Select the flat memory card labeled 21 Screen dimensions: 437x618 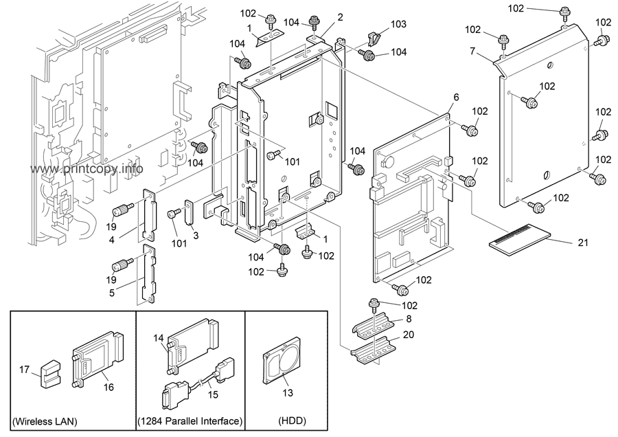click(x=520, y=239)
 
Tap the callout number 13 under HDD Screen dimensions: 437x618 click(x=287, y=394)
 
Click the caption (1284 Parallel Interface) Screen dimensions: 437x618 click(x=190, y=421)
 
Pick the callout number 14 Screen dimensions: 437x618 click(x=159, y=339)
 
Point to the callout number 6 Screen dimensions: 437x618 click(x=455, y=98)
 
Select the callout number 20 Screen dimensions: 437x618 click(x=409, y=335)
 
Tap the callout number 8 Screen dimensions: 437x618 click(x=409, y=318)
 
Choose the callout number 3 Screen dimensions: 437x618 click(x=196, y=236)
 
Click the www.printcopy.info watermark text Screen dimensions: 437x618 click(x=86, y=169)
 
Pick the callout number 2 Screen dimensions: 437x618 click(x=341, y=17)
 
